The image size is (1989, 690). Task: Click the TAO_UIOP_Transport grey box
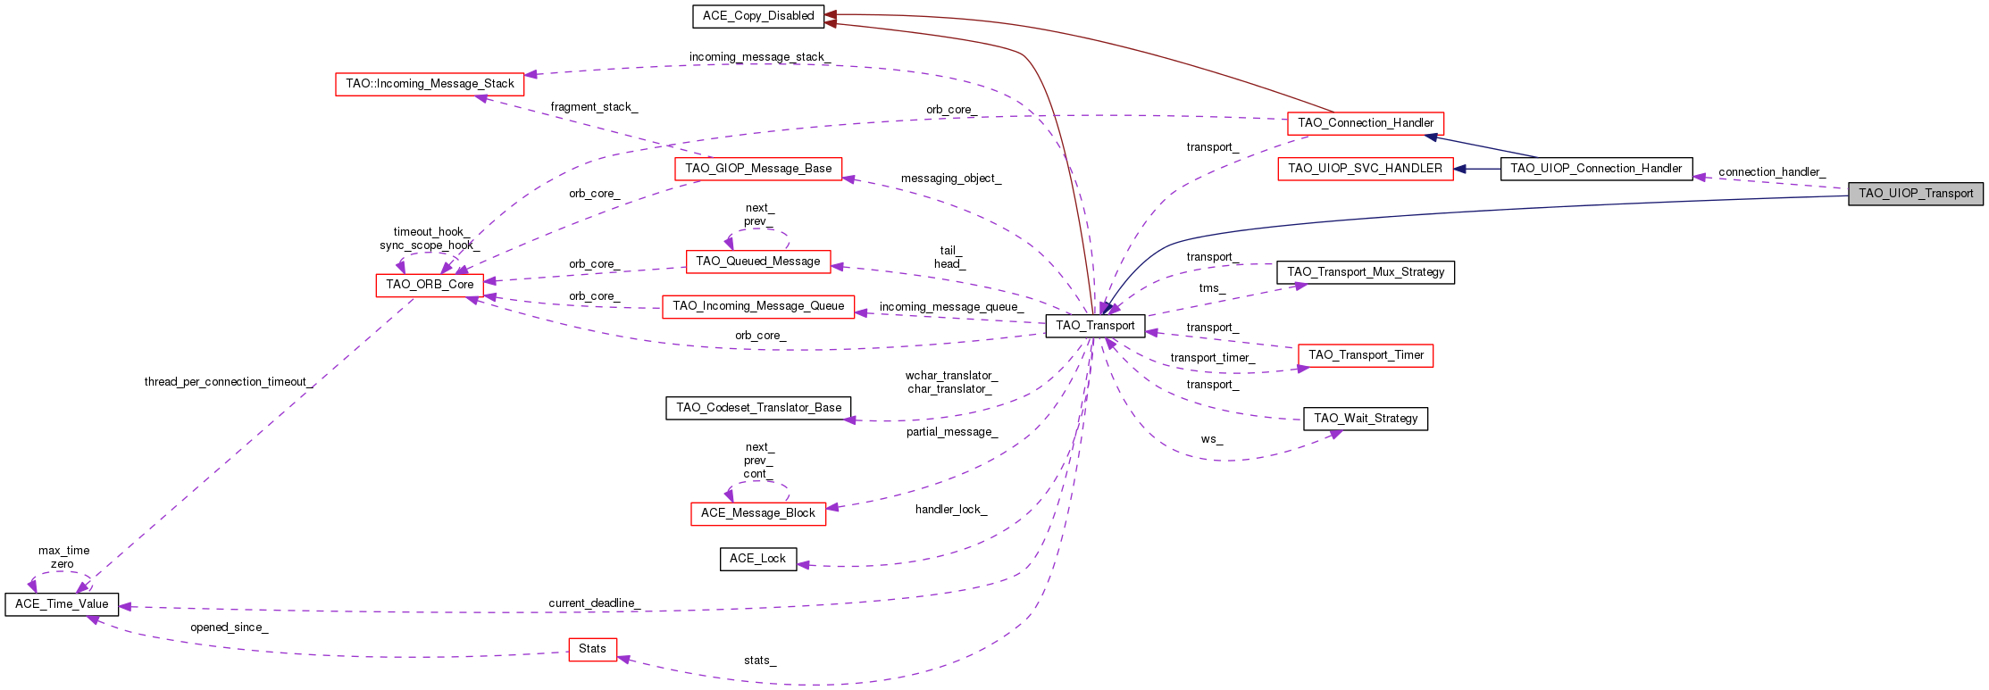coord(1915,194)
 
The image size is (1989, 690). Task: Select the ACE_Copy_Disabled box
coord(757,16)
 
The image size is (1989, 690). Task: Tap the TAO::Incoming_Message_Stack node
coord(430,84)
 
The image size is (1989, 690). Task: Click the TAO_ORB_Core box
coord(430,285)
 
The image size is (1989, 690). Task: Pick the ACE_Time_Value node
coord(62,604)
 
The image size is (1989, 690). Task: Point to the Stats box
coord(592,649)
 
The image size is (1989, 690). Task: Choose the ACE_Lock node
coord(757,559)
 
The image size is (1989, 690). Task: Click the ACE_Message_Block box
coord(757,513)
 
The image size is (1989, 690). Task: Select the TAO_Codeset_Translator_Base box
coord(758,408)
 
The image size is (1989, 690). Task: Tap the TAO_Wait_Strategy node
coord(1366,419)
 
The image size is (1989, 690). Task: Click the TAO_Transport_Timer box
coord(1366,355)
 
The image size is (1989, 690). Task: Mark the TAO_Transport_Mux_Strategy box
coord(1366,272)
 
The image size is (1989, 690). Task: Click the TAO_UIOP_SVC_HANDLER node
coord(1365,169)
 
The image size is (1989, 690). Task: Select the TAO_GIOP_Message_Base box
coord(758,169)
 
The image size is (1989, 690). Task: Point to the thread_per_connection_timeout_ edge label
coord(229,382)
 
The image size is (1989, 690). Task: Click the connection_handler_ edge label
coord(1771,172)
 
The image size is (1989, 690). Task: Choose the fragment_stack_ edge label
coord(594,107)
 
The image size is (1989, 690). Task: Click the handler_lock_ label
coord(950,510)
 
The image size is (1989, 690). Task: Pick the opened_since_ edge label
coord(229,628)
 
